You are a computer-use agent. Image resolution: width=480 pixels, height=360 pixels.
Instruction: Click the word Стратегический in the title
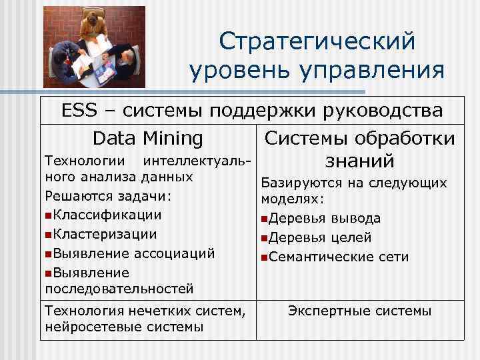317,41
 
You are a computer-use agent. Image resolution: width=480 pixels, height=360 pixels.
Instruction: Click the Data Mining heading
148,138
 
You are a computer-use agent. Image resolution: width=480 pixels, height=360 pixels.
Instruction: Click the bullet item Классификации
107,215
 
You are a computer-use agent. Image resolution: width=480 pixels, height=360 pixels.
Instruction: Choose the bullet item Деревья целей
321,238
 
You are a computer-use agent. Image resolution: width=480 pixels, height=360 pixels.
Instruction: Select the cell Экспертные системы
359,311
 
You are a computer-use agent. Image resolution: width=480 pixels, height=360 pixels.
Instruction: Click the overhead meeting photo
94,47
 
